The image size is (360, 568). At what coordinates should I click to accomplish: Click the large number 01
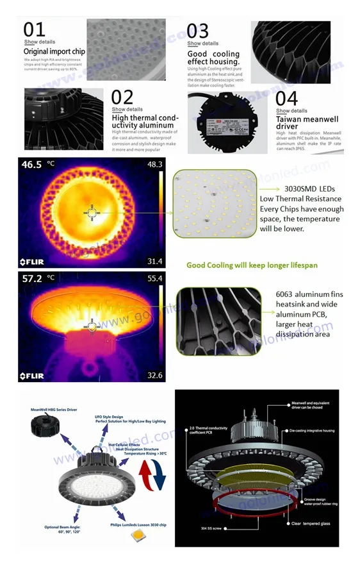coord(35,30)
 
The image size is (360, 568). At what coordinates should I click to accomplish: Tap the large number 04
coord(287,99)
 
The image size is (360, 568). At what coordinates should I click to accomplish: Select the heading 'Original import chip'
coord(54,51)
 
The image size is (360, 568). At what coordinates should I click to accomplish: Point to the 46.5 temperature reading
coord(31,165)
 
